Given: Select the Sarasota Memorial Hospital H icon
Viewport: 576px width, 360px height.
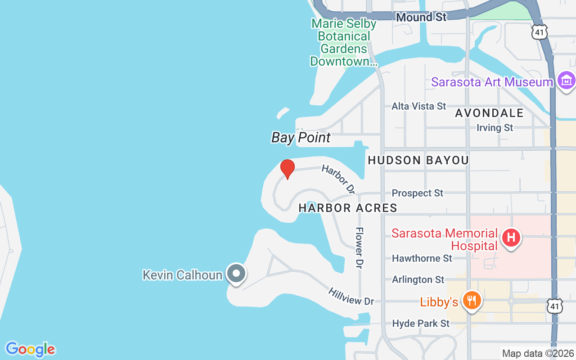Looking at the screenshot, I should (511, 237).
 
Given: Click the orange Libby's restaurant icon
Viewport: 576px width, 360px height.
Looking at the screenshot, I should (471, 300).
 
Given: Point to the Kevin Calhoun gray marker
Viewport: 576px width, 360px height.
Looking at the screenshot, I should (236, 273).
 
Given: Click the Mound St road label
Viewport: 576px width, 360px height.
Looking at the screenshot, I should (421, 17).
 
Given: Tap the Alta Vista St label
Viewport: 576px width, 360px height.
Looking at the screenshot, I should (418, 106).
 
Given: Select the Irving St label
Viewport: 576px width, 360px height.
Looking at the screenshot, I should (495, 128).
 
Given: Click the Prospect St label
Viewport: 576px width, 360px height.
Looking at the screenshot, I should (417, 193).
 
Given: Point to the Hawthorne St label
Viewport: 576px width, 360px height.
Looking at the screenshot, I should (422, 258).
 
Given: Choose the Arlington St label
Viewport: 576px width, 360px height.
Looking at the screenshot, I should (418, 279).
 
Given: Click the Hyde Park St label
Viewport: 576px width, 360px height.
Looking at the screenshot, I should (421, 324).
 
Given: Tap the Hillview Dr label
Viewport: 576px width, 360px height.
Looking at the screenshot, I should (351, 297).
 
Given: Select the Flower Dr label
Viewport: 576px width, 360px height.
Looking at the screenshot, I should (359, 248).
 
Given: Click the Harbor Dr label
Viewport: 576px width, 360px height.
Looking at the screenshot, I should (338, 179).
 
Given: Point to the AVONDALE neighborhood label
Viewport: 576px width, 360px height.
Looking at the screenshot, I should (489, 113).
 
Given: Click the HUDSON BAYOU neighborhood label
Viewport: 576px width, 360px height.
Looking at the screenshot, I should (418, 160).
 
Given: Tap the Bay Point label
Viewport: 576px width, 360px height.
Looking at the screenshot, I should (301, 138).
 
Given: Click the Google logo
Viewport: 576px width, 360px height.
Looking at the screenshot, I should (30, 349).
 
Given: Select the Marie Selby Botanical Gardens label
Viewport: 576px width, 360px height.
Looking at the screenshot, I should (341, 42).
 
